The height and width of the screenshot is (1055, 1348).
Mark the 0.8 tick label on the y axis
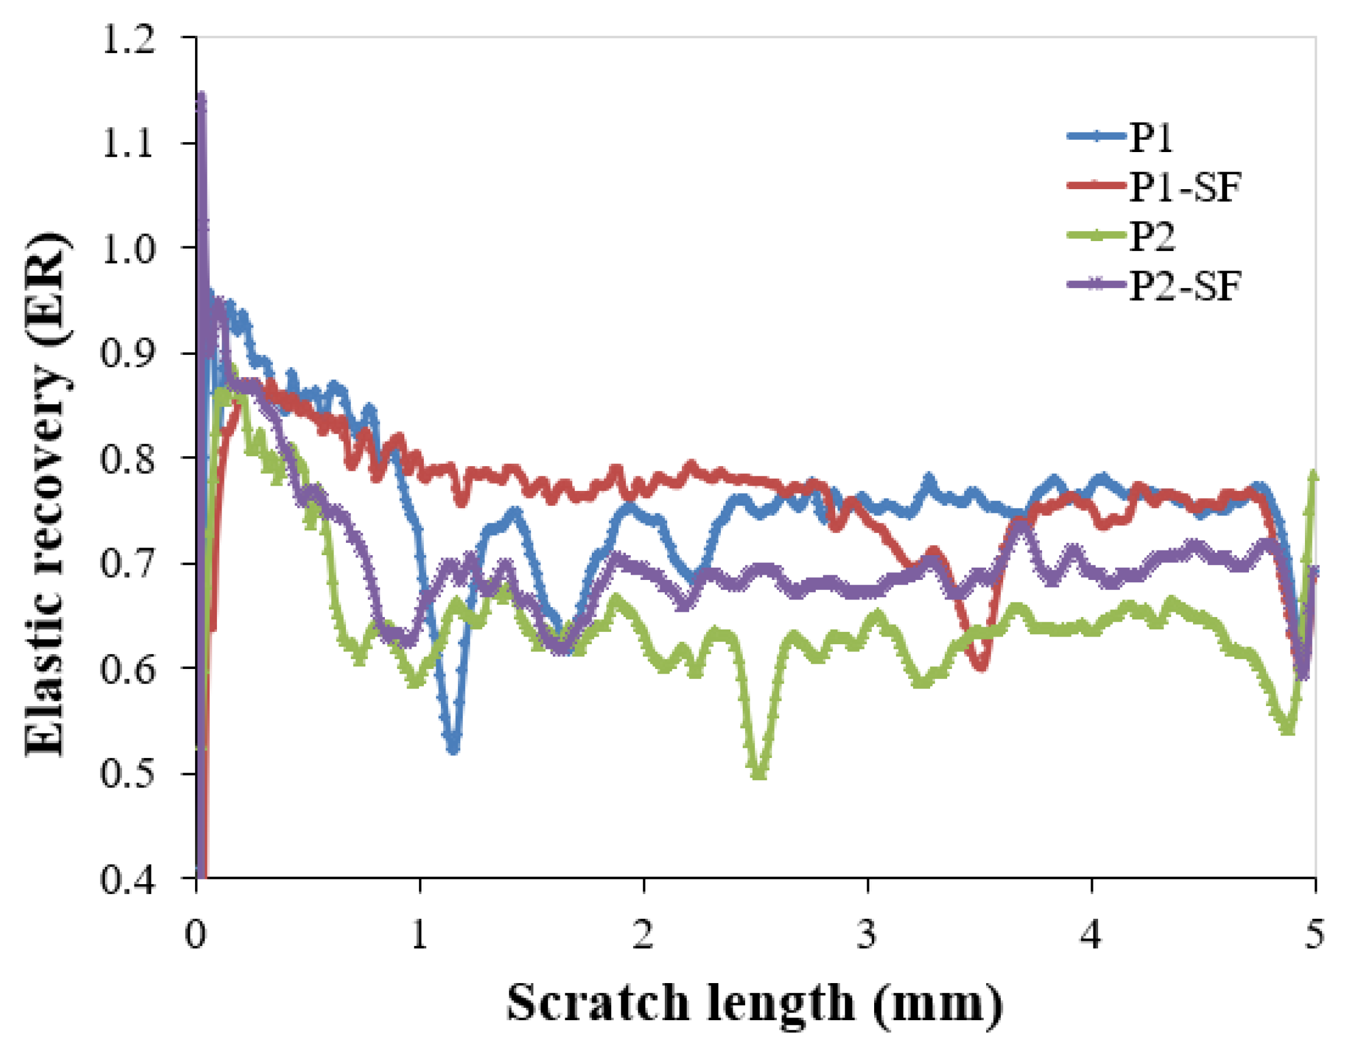(x=127, y=460)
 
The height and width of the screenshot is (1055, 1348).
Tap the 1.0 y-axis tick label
(x=127, y=250)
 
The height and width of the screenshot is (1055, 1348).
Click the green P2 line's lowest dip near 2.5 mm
(x=759, y=773)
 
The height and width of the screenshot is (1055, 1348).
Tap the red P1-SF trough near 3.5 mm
(x=981, y=665)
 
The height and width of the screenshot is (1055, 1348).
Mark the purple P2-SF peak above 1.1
(x=201, y=98)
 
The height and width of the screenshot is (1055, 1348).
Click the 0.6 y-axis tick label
(x=127, y=670)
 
